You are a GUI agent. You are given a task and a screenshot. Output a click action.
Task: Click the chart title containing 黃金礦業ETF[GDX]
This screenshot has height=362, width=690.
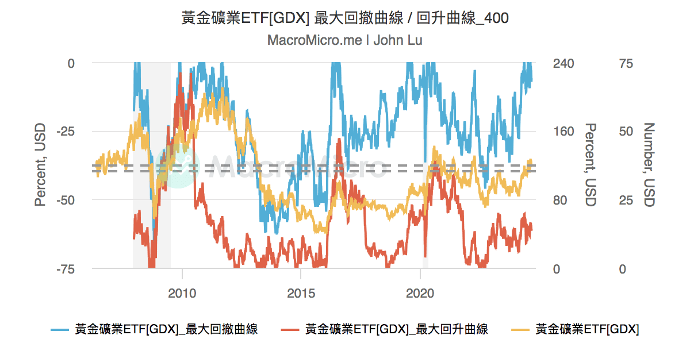(x=345, y=18)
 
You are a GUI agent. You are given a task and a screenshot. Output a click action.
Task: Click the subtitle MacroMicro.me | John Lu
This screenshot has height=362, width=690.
(x=345, y=41)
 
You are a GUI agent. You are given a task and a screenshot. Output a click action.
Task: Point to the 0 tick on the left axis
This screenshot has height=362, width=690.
(x=71, y=63)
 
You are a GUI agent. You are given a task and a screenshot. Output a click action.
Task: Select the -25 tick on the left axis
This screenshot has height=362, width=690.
(x=66, y=132)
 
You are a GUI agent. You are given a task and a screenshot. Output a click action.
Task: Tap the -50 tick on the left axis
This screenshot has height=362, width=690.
(x=66, y=200)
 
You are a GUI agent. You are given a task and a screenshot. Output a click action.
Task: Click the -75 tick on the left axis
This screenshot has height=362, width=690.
(x=66, y=269)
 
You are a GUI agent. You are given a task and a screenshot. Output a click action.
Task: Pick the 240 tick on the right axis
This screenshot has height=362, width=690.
(x=563, y=63)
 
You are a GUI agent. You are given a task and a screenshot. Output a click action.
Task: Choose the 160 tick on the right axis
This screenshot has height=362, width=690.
(x=563, y=132)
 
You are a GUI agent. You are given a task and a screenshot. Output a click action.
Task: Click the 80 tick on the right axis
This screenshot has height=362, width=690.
(x=560, y=200)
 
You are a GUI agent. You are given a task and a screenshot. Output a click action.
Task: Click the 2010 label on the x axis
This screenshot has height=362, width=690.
(x=182, y=292)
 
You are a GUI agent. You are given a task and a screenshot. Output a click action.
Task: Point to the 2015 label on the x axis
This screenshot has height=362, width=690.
(x=301, y=292)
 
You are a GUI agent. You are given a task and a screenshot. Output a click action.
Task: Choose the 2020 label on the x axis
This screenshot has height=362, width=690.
(x=420, y=292)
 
